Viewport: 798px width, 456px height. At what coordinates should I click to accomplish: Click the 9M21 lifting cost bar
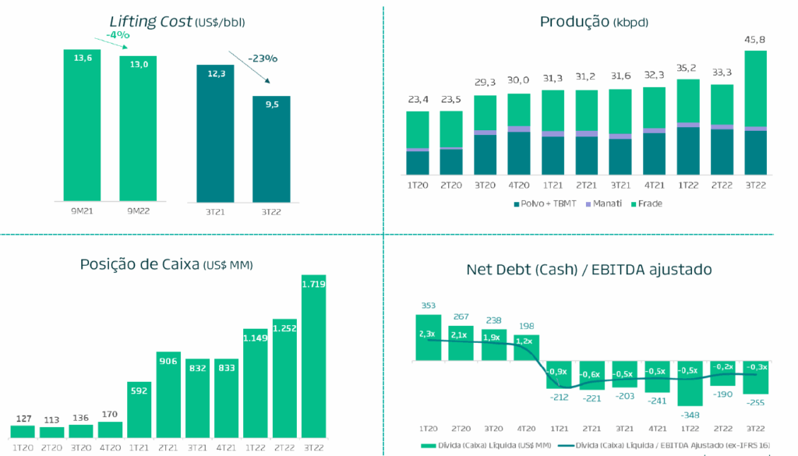[x=83, y=125]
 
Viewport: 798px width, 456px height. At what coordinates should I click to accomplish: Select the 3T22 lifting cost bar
[x=271, y=148]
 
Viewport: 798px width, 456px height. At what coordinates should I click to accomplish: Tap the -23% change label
[x=263, y=58]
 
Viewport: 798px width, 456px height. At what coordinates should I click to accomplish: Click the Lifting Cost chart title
[x=171, y=22]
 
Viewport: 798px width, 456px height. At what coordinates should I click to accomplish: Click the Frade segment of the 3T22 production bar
[x=755, y=88]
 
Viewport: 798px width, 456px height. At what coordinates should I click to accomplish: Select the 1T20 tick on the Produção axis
[x=418, y=186]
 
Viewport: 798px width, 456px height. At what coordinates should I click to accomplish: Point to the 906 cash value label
[x=168, y=361]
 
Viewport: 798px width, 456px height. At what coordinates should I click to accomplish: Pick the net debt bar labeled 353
[x=428, y=338]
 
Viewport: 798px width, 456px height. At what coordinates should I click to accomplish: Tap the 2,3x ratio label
[x=428, y=334]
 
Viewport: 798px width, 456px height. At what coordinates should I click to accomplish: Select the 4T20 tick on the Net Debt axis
[x=526, y=428]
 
